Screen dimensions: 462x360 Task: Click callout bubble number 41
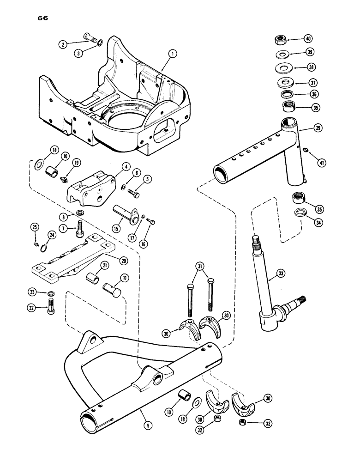[x=318, y=162]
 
